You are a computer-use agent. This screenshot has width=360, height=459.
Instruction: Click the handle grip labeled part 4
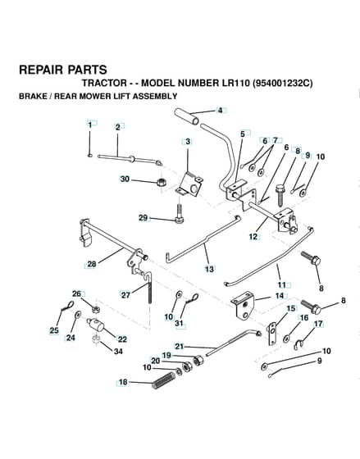point(186,117)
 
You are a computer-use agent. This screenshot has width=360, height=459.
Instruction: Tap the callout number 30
point(125,179)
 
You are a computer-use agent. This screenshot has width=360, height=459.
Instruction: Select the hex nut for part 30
point(161,183)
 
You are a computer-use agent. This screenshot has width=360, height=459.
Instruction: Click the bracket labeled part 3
point(189,184)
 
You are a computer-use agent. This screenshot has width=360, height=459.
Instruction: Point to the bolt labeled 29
point(179,214)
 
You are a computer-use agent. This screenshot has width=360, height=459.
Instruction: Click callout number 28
point(92,264)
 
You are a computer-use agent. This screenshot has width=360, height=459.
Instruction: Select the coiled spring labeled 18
point(164,380)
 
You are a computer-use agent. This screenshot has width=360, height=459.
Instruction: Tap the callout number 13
point(209,269)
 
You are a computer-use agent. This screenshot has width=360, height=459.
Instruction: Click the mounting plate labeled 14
point(243,306)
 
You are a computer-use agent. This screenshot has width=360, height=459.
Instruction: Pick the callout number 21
point(180,347)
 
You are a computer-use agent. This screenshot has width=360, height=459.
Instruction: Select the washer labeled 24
point(78,316)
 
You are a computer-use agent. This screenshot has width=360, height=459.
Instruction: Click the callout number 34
point(118,351)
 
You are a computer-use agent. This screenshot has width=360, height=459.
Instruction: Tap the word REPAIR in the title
point(41,70)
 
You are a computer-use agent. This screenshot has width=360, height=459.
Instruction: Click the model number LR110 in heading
point(233,83)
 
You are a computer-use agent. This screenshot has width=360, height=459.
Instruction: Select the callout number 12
point(253,236)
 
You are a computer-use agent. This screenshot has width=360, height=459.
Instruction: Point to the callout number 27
point(125,295)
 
